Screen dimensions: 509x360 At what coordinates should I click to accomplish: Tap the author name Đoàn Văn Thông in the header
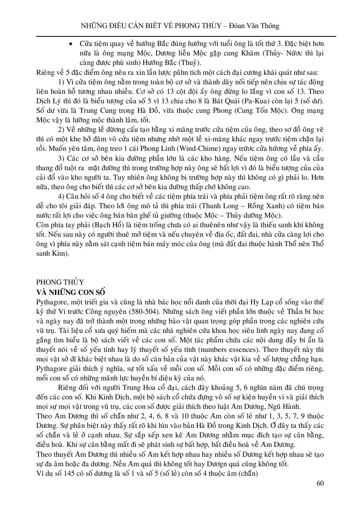pos(257,26)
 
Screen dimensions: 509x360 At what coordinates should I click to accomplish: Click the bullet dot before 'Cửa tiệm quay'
pos(70,44)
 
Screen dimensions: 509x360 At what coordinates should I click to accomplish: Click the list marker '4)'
pos(61,197)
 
